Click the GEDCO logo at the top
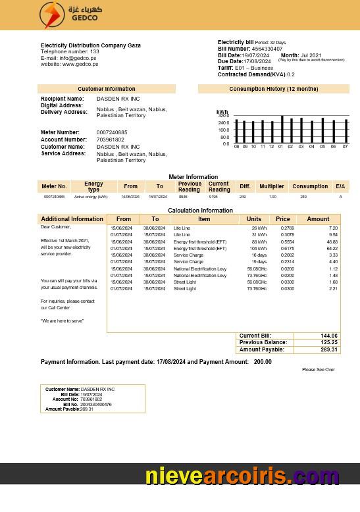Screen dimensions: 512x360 pyautogui.click(x=68, y=15)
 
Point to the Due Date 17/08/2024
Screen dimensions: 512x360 pyautogui.click(x=257, y=61)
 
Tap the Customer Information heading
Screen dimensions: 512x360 pyautogui.click(x=106, y=89)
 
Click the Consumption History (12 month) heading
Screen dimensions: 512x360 pyautogui.click(x=273, y=89)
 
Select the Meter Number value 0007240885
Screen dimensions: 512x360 pyautogui.click(x=112, y=133)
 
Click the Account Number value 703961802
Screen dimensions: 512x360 pyautogui.click(x=111, y=140)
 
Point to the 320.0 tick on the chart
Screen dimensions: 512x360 pyautogui.click(x=224, y=116)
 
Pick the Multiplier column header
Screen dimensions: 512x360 pyautogui.click(x=271, y=186)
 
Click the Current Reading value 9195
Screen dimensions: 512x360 pyautogui.click(x=213, y=197)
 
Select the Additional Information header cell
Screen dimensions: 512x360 pyautogui.click(x=72, y=219)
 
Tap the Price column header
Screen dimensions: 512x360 pyautogui.click(x=282, y=219)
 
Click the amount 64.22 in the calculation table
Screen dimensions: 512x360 pyautogui.click(x=332, y=248)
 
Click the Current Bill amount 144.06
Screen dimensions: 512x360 pyautogui.click(x=329, y=336)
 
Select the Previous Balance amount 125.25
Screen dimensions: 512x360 pyautogui.click(x=329, y=342)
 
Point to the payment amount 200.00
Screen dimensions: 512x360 pyautogui.click(x=263, y=362)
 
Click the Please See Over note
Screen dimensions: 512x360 pyautogui.click(x=319, y=370)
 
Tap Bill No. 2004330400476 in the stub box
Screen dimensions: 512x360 pyautogui.click(x=96, y=404)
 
